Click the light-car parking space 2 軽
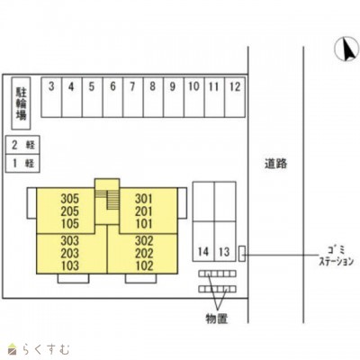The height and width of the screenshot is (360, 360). [x=22, y=145]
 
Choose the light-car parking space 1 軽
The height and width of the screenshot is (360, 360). [x=22, y=164]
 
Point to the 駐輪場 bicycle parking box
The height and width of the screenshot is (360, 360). [x=21, y=103]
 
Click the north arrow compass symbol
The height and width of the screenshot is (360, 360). [x=346, y=49]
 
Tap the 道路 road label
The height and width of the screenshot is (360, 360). [x=276, y=164]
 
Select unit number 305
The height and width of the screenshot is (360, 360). [x=70, y=199]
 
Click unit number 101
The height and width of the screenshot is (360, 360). [x=144, y=224]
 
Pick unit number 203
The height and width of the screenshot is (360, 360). [x=70, y=253]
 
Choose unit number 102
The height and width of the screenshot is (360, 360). [x=144, y=265]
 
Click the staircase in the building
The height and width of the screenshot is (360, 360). [x=107, y=200]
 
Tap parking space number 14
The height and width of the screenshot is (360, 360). [x=203, y=241]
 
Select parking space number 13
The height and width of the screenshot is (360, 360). [x=225, y=241]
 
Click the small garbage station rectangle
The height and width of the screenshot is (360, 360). [x=242, y=254]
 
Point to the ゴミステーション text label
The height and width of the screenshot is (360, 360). [x=337, y=256]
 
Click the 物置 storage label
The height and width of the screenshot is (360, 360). [x=217, y=319]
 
